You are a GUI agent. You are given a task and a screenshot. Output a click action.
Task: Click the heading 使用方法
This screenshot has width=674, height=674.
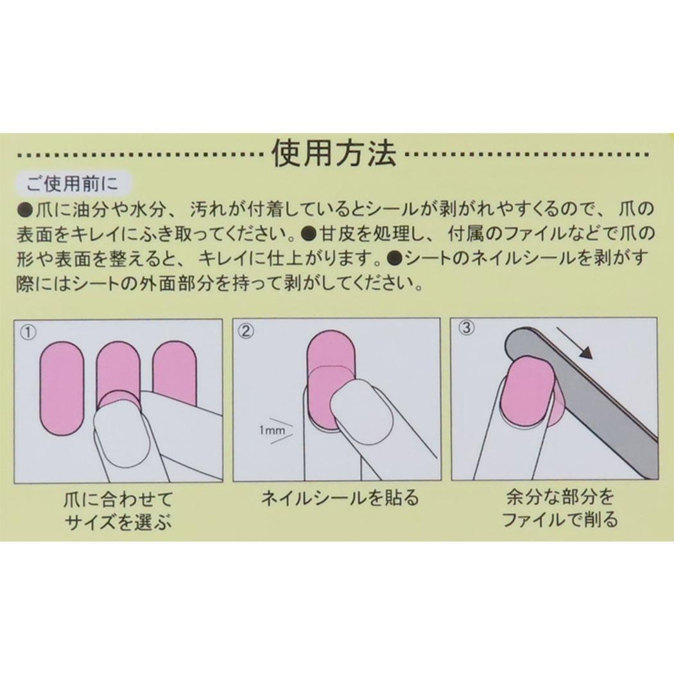(336, 154)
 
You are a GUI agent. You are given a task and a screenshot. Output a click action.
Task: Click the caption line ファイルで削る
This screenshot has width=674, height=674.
(559, 519)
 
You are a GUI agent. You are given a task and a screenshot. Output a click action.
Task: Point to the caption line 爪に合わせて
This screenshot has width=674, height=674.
(117, 499)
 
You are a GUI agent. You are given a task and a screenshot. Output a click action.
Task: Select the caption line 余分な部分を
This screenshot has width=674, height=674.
(559, 497)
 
